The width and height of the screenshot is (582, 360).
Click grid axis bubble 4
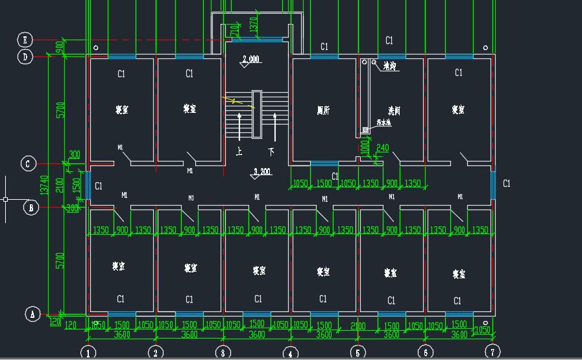click(x=290, y=353)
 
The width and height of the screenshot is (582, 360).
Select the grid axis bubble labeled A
click(x=32, y=315)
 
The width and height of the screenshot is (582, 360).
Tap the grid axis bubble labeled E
click(x=25, y=40)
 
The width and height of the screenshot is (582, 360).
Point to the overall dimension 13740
click(x=45, y=185)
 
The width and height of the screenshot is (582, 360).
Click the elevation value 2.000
click(x=250, y=60)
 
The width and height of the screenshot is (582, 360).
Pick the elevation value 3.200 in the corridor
click(x=261, y=172)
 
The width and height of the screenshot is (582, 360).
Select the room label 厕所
click(x=323, y=111)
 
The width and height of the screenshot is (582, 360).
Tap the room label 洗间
click(x=394, y=111)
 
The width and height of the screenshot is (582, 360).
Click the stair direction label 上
click(x=240, y=152)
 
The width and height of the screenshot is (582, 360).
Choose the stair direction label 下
click(x=271, y=152)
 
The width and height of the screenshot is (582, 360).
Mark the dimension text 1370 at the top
click(x=254, y=25)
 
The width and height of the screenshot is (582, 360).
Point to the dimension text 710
click(x=234, y=30)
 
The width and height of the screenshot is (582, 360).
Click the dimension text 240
click(x=382, y=149)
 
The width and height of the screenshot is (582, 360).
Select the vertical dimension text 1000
click(x=365, y=148)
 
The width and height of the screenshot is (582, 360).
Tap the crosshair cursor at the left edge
click(x=6, y=198)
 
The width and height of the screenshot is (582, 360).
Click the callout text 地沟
click(x=389, y=66)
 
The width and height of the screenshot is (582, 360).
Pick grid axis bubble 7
click(x=492, y=352)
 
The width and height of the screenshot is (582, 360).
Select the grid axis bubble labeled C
click(x=28, y=163)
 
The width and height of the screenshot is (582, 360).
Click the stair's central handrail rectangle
click(x=256, y=114)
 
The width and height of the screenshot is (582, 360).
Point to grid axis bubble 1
click(x=88, y=353)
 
